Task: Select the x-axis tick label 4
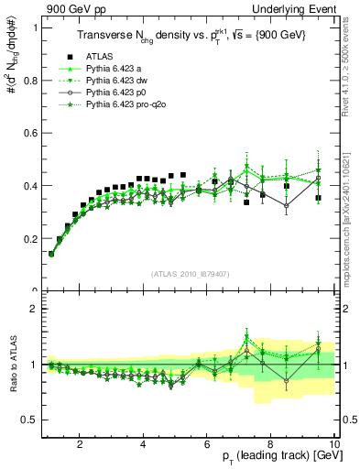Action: tap(144, 444)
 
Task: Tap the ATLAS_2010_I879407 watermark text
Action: tap(190, 274)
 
